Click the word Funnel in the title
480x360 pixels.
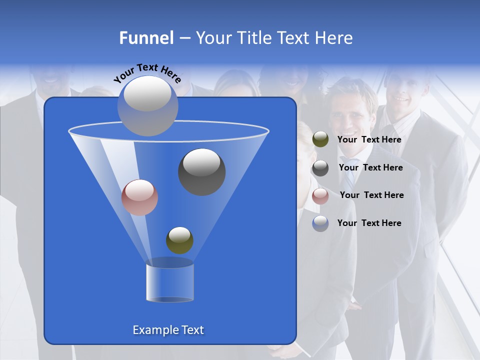[146, 38]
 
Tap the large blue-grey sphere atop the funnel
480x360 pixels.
[147, 105]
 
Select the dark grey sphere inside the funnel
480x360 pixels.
[201, 171]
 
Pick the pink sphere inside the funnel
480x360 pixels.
[139, 197]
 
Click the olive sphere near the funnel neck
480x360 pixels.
[179, 240]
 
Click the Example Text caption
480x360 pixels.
[168, 330]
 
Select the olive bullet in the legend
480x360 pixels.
[320, 139]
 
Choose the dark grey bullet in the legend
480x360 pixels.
[320, 168]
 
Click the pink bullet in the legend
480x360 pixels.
[320, 196]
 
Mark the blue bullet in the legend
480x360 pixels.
[320, 223]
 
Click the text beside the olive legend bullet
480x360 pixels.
[369, 140]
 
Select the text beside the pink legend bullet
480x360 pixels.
[371, 195]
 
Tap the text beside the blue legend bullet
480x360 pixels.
[369, 223]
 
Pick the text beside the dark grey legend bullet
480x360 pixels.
[370, 167]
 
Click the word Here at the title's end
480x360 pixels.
[335, 38]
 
